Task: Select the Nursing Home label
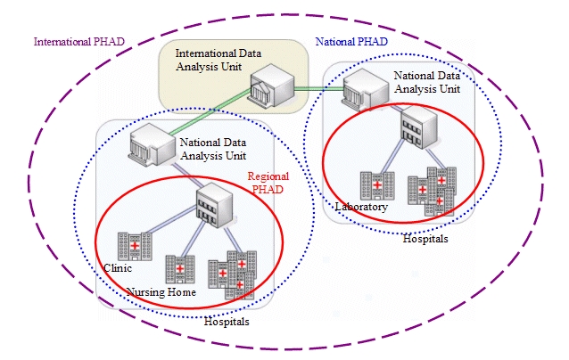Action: (161, 291)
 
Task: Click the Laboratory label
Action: (361, 207)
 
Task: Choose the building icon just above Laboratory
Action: (376, 184)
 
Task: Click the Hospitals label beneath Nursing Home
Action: (227, 321)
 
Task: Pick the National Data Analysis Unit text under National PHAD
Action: (426, 81)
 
